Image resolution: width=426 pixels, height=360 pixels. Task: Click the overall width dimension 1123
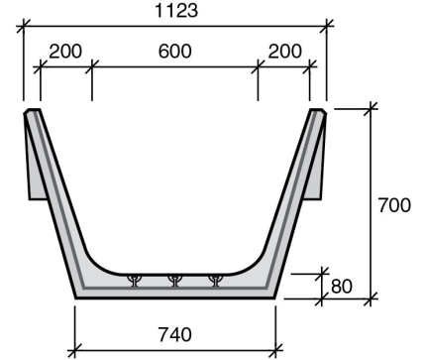click(x=174, y=11)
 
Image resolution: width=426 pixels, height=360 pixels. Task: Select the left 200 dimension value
click(x=64, y=51)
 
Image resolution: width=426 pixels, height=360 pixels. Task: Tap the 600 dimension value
click(x=174, y=51)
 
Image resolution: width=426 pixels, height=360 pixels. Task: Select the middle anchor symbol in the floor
click(x=174, y=281)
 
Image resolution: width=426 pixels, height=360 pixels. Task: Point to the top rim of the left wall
click(x=32, y=112)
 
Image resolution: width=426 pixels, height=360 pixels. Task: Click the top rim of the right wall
click(x=318, y=112)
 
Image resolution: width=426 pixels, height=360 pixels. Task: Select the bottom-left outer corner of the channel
click(x=76, y=298)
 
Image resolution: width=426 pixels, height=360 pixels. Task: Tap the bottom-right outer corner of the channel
click(x=273, y=298)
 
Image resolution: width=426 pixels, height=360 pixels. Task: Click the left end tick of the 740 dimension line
click(x=76, y=348)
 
